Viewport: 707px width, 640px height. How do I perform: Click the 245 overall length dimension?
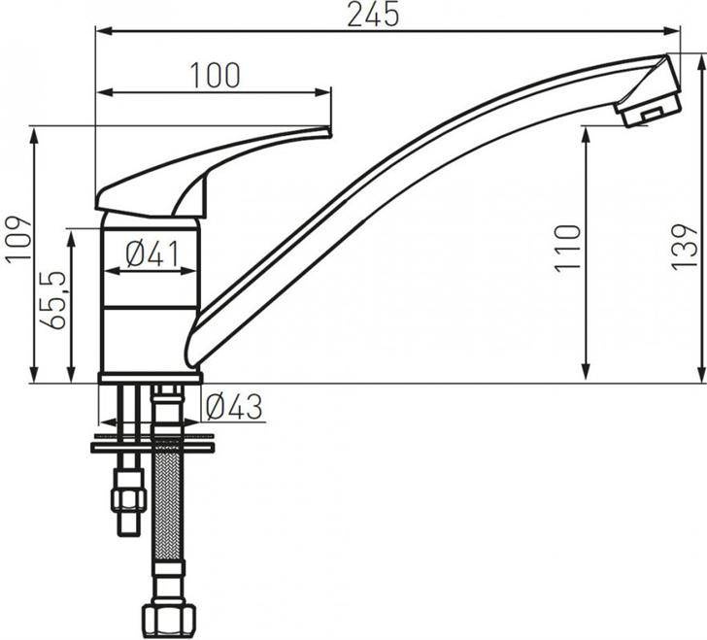(x=373, y=15)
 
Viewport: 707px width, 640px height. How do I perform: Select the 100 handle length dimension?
(x=215, y=76)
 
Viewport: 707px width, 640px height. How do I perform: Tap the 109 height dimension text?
(x=18, y=238)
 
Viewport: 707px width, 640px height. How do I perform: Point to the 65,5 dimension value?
(x=53, y=300)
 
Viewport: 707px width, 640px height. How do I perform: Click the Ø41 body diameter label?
(x=152, y=253)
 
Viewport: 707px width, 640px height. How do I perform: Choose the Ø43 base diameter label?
(x=233, y=407)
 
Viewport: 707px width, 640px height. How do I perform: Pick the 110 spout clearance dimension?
(x=567, y=248)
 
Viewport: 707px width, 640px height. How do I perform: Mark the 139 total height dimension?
(x=684, y=247)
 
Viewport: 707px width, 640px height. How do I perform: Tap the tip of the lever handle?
(x=329, y=133)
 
